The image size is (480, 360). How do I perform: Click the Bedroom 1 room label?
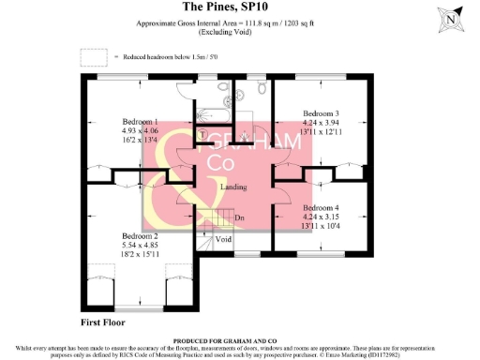pos(142,122)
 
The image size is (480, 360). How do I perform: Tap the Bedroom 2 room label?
pos(141,235)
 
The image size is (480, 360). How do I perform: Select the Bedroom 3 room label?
pos(322,113)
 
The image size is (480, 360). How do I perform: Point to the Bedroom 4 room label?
pos(322,207)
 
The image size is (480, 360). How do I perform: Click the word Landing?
pos(233,187)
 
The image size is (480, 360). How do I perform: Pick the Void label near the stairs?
pos(223,239)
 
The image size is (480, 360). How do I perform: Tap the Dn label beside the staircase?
pos(240,219)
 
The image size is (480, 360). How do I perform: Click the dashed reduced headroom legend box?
pos(94,57)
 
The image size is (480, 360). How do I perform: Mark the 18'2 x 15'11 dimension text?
pos(141,256)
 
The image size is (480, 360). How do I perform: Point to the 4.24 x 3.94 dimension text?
pos(322,124)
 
